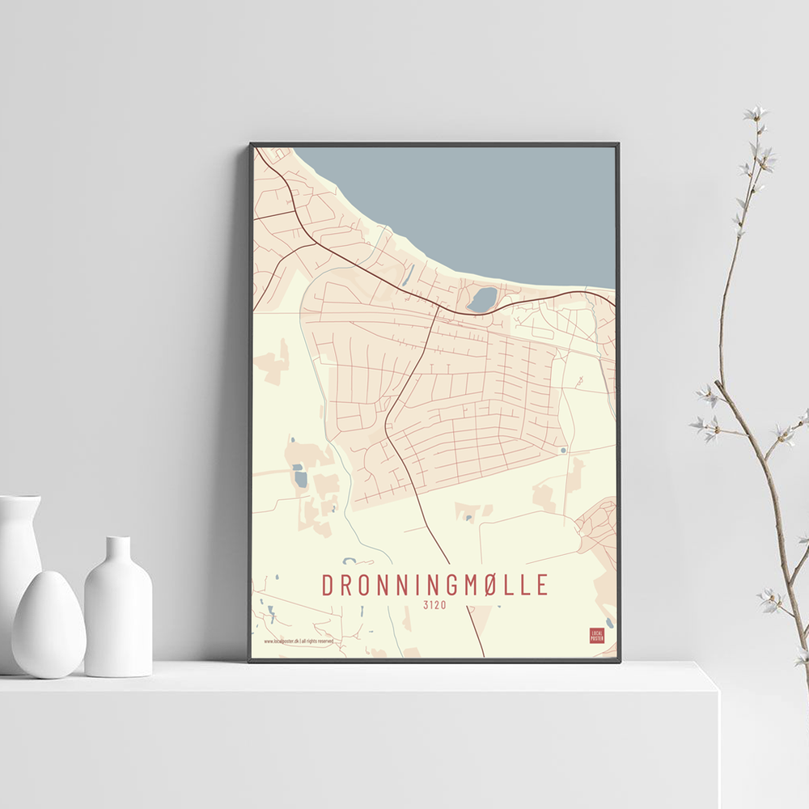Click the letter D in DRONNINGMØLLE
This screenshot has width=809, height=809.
click(x=328, y=585)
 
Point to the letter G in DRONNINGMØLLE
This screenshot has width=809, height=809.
click(x=448, y=585)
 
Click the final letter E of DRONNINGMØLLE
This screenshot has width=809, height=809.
click(x=542, y=585)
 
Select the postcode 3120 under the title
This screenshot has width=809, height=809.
click(x=434, y=604)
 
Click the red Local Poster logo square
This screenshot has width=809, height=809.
click(x=597, y=636)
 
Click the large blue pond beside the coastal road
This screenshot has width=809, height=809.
click(x=483, y=300)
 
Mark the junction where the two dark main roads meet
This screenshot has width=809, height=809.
click(x=438, y=306)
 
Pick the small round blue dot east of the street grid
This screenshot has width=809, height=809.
click(x=563, y=450)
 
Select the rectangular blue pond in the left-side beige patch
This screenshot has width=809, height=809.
click(x=300, y=478)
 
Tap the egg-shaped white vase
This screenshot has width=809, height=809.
click(x=48, y=624)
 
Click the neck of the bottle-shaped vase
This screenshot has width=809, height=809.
click(x=118, y=550)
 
